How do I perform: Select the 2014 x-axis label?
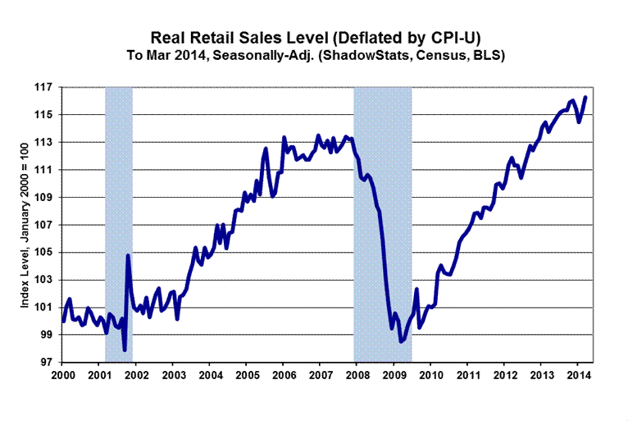click(x=578, y=375)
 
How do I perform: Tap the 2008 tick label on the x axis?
click(x=357, y=375)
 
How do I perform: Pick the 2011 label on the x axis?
click(x=467, y=375)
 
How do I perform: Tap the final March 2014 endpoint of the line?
click(x=585, y=98)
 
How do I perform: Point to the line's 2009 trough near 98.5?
click(x=401, y=341)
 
